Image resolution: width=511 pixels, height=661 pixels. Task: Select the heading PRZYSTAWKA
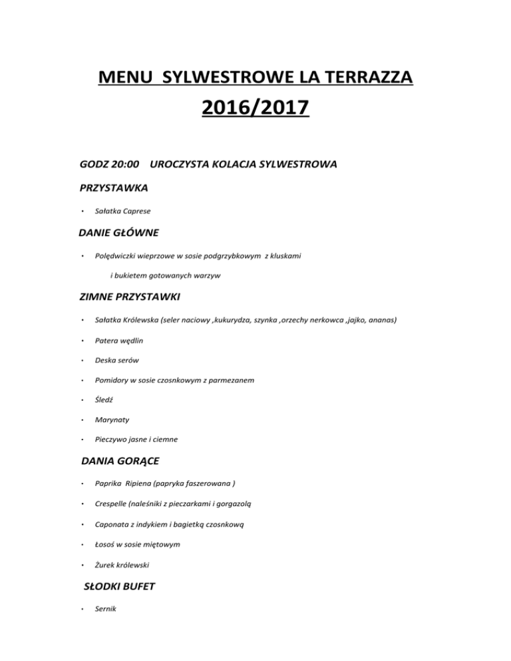click(x=113, y=188)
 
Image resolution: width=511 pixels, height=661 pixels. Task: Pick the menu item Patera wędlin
click(x=119, y=340)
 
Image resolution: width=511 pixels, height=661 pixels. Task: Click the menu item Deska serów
click(x=117, y=360)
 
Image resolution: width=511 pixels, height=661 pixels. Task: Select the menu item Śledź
click(x=104, y=401)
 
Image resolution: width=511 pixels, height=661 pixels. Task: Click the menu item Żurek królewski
click(x=123, y=565)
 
